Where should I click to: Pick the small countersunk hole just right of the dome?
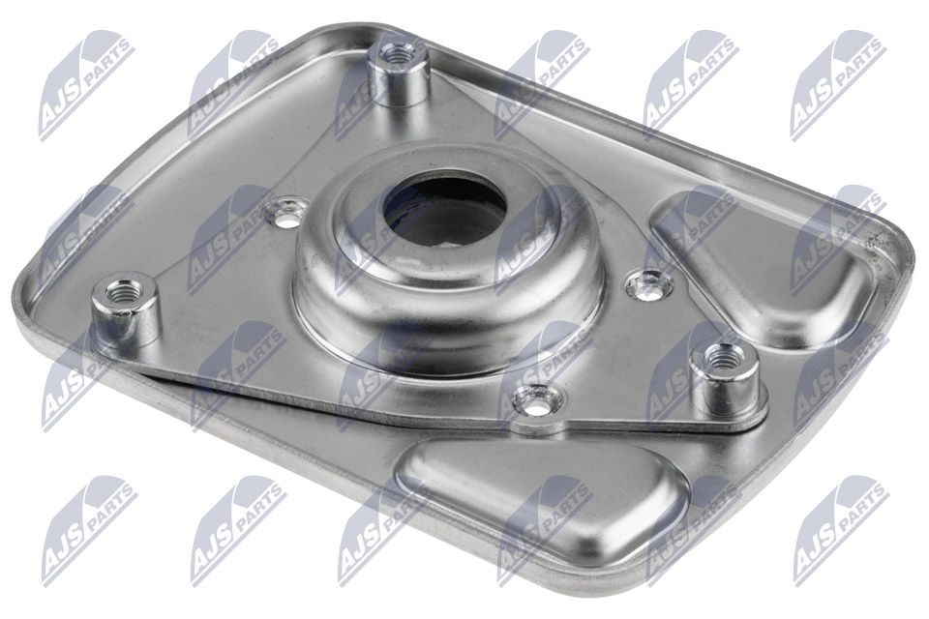647,283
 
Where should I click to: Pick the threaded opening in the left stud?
122,291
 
